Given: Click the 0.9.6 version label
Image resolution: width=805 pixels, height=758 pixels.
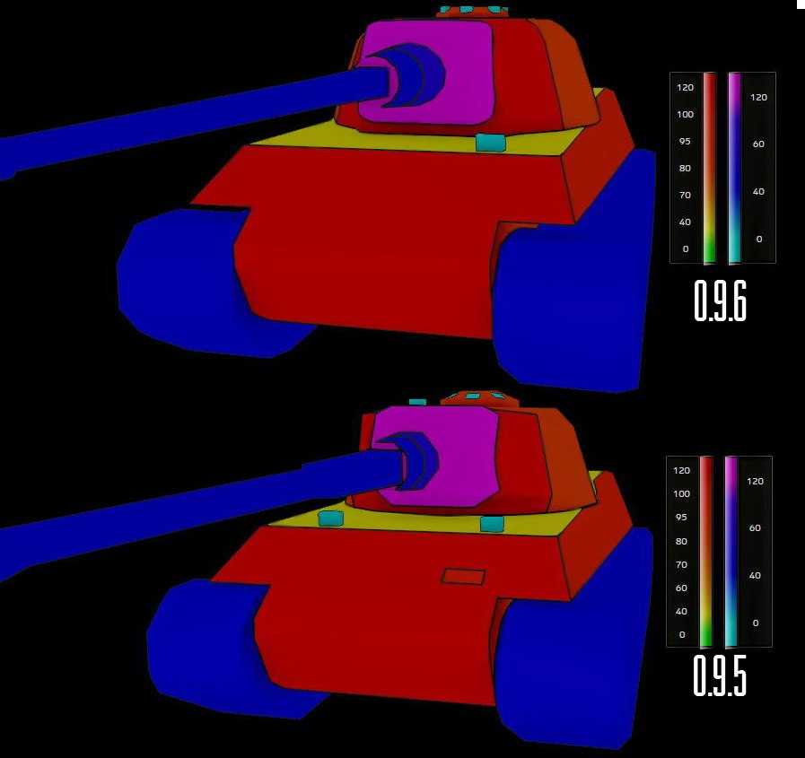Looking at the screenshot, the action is tap(720, 301).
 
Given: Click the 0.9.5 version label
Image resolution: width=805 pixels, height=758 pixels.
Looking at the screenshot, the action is tap(720, 675).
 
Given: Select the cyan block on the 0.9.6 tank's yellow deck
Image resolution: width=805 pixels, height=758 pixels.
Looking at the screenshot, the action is tap(491, 142).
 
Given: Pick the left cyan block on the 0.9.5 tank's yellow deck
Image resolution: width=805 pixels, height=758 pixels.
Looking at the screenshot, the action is tap(330, 518).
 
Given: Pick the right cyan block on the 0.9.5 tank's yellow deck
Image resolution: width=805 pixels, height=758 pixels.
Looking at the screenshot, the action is tap(492, 524).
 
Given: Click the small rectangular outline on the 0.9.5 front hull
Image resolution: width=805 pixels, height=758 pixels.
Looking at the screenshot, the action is tap(463, 576).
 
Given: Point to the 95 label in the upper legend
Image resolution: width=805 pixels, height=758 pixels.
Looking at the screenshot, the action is tap(685, 141).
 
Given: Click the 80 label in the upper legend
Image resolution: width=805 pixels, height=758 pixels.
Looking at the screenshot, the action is tap(685, 169).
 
